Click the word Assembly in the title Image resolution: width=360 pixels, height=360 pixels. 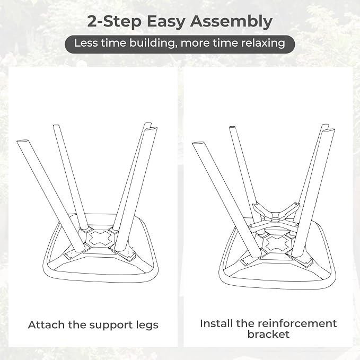[231, 22]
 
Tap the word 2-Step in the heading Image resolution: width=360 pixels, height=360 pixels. [114, 21]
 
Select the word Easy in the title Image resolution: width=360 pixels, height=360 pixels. [165, 22]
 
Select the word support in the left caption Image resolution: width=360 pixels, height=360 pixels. [111, 326]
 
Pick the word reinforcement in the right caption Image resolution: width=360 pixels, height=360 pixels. [297, 323]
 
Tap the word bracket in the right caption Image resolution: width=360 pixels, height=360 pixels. [268, 334]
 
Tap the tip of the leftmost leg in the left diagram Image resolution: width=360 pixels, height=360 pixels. [22, 141]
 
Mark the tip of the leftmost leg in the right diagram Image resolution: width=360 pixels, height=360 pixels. [198, 144]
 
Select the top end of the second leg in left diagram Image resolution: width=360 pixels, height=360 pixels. [56, 126]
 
